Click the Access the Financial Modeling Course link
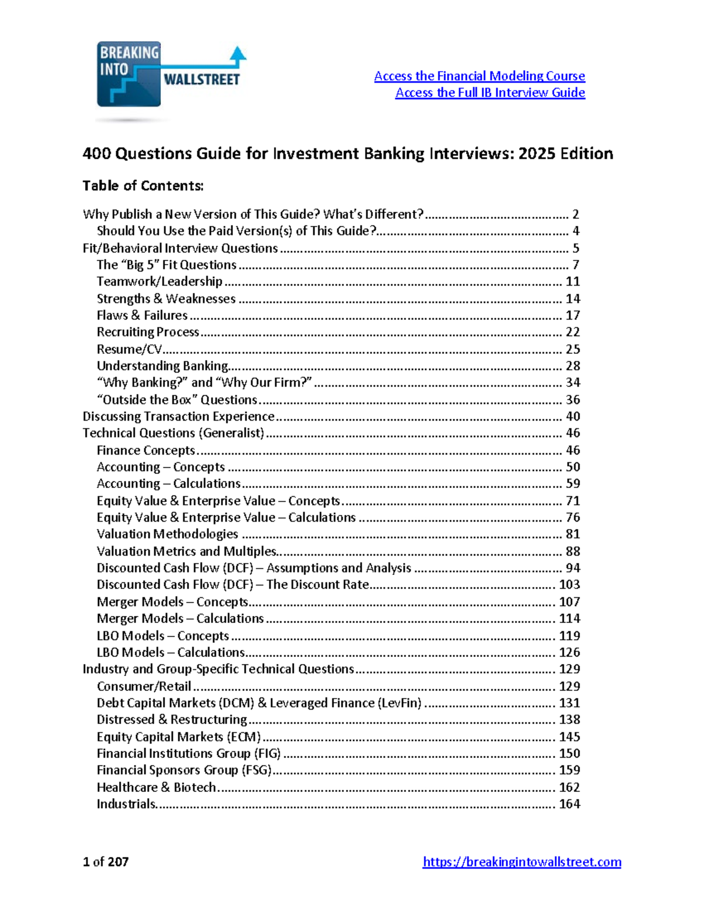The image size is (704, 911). point(479,76)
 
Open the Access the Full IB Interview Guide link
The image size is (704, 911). point(490,93)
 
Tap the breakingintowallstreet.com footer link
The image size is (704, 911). point(522,862)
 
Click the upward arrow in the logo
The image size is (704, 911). point(238,54)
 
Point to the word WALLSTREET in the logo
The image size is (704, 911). point(201,79)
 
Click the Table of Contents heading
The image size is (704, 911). point(143,186)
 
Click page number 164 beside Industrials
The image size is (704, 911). point(569,804)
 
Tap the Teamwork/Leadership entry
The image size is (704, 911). point(160,282)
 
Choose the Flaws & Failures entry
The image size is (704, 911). point(142,316)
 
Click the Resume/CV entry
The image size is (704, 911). point(129,350)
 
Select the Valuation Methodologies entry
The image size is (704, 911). point(167,534)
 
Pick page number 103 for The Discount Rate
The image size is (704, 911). point(569,585)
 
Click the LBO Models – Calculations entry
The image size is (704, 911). point(170,652)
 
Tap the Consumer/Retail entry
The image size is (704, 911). point(144,686)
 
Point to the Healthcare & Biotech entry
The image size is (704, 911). point(156,787)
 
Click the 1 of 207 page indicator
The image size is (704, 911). point(106,862)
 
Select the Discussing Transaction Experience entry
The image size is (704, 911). point(178,416)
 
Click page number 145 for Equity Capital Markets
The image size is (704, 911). point(569,737)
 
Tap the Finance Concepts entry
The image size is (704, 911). point(145,451)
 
